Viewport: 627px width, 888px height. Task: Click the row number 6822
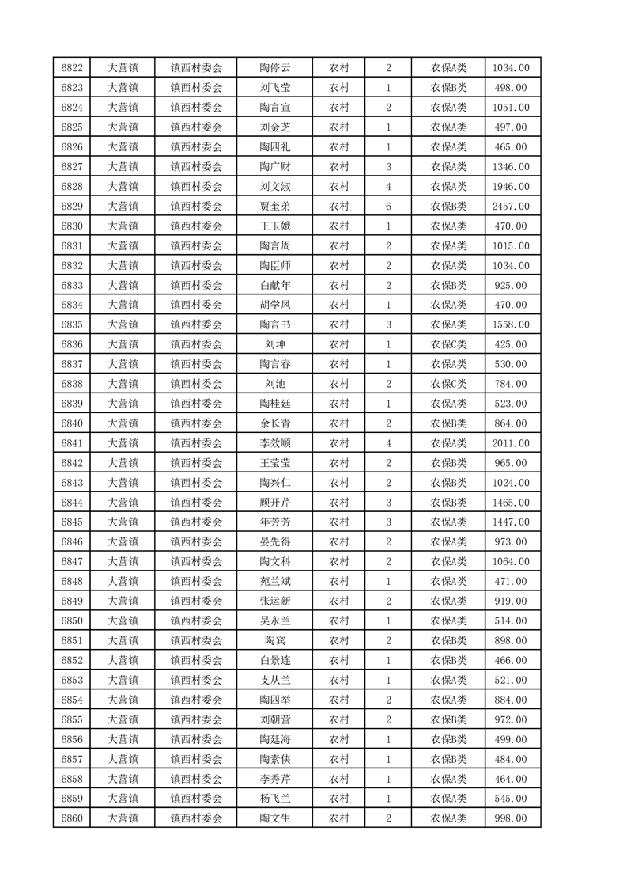(72, 68)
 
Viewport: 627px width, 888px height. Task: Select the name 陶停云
(275, 68)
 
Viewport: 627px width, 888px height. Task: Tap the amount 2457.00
(511, 206)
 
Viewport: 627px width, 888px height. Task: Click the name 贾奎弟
(275, 206)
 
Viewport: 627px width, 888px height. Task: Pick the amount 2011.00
(511, 443)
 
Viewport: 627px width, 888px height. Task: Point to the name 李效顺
(275, 443)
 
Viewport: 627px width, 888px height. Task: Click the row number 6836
(72, 344)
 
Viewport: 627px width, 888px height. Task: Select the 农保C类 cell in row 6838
(448, 384)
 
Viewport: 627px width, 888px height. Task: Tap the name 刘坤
(275, 344)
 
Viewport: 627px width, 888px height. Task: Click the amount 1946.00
(511, 187)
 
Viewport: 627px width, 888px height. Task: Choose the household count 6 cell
(388, 206)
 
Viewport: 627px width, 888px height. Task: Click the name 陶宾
(275, 640)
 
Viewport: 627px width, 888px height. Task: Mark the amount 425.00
(511, 344)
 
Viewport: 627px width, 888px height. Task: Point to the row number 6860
(72, 818)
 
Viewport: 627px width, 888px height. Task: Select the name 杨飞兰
(275, 799)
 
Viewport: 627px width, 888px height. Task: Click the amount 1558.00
(511, 324)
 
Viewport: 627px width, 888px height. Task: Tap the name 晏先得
(275, 541)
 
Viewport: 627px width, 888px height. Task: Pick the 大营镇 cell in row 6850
(123, 620)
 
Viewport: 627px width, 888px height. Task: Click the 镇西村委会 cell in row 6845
(197, 522)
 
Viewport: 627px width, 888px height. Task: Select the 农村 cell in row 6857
(339, 759)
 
